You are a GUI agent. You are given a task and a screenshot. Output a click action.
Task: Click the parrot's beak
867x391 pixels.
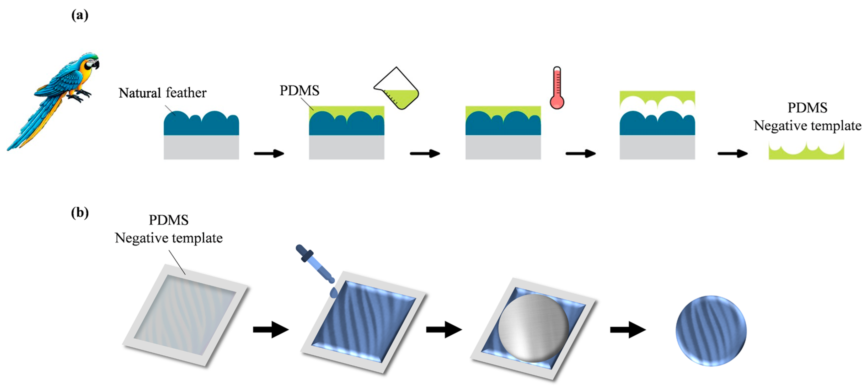pyautogui.click(x=97, y=65)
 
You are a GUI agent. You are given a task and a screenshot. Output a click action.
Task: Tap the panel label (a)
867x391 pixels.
pyautogui.click(x=80, y=15)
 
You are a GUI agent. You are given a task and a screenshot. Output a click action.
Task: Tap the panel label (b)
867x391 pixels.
pyautogui.click(x=80, y=213)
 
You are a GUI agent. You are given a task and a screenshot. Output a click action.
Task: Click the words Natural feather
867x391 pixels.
pyautogui.click(x=162, y=93)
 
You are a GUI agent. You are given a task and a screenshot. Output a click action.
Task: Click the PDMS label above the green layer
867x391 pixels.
pyautogui.click(x=299, y=91)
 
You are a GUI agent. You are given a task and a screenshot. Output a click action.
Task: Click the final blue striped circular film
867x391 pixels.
pyautogui.click(x=711, y=331)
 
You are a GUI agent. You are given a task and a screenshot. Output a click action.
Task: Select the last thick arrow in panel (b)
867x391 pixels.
pyautogui.click(x=628, y=329)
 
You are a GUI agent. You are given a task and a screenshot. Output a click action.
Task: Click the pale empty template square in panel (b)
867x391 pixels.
pyautogui.click(x=185, y=315)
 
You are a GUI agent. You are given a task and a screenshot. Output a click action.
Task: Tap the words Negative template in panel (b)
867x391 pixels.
pyautogui.click(x=169, y=238)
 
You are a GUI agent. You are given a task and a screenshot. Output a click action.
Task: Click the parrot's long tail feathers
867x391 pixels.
pyautogui.click(x=34, y=125)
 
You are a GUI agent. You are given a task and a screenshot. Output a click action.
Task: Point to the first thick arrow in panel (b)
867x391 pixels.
pyautogui.click(x=271, y=329)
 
